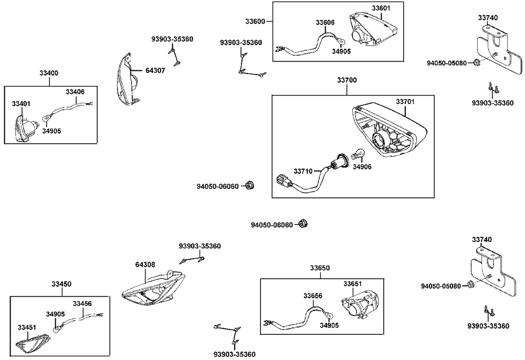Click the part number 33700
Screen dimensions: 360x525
point(346,81)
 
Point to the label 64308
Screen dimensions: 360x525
point(145,265)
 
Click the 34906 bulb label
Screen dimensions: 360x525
point(362,167)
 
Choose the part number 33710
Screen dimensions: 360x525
point(303,171)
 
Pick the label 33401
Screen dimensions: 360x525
point(22,104)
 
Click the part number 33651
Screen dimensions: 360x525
point(353,284)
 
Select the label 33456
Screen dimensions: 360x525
point(82,303)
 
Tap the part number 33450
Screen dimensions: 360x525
point(61,284)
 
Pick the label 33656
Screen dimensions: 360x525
point(312,295)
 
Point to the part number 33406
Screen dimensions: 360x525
point(75,92)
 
